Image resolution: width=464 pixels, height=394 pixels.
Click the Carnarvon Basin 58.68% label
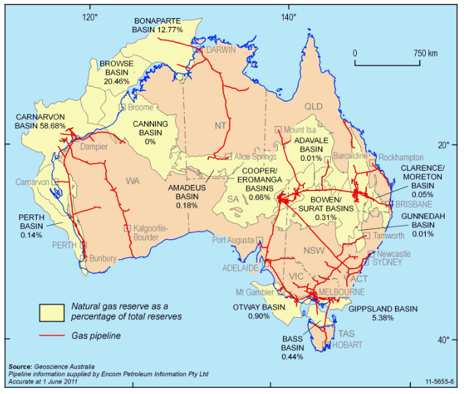click(x=40, y=121)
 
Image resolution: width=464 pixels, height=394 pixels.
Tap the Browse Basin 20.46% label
click(x=117, y=72)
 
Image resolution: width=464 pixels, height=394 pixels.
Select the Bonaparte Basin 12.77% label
click(x=158, y=25)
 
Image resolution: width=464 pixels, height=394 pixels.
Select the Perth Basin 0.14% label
click(x=31, y=226)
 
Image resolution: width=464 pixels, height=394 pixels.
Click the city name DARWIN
click(x=221, y=50)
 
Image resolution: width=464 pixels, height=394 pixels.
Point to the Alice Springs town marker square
click(x=228, y=156)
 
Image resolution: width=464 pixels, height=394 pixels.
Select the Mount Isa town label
click(x=299, y=129)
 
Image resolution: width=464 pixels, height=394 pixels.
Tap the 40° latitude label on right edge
click(x=443, y=339)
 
